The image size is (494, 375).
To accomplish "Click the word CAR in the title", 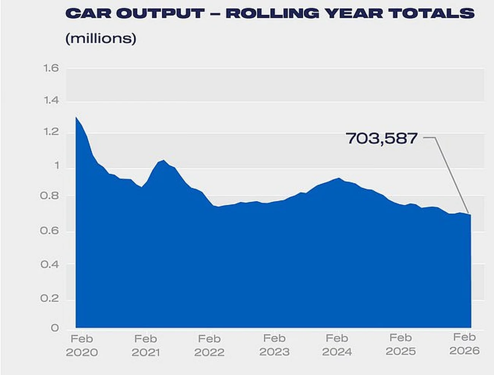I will tap(87, 13).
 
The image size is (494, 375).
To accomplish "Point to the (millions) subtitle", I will tap(101, 38).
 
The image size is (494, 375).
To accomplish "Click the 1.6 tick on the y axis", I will tap(51, 68).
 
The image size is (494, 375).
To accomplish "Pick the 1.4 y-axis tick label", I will tap(51, 101).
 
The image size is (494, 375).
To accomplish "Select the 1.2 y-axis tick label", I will tap(51, 132).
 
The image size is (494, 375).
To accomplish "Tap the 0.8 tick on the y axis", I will tap(50, 196).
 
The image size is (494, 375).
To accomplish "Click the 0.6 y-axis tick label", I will tap(50, 231).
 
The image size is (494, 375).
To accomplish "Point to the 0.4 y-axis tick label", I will tap(50, 264).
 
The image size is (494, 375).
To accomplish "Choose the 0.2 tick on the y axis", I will tap(50, 299).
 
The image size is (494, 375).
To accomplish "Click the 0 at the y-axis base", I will tap(55, 328).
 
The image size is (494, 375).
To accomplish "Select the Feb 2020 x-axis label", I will tap(82, 345).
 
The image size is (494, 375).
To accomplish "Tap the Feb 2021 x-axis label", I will tap(146, 345).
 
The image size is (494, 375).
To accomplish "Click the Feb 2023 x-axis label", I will tap(274, 345).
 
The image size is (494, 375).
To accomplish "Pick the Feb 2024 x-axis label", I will tap(337, 345).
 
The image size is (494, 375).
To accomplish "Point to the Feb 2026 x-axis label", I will tap(464, 344).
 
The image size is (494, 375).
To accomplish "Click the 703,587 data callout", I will tap(382, 138).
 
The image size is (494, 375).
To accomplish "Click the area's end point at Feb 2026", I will tap(470, 215).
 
